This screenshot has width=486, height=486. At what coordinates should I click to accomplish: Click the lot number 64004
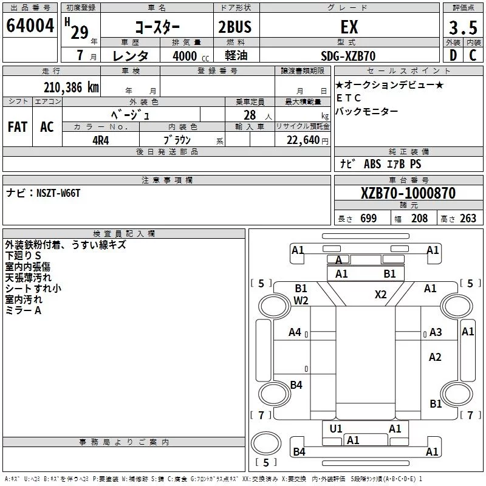click(x=30, y=26)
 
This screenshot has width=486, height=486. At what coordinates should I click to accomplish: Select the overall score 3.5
click(x=463, y=27)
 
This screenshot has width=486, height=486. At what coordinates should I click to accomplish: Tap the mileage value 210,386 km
click(x=71, y=87)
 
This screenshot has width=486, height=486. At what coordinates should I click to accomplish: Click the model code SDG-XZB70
click(x=348, y=56)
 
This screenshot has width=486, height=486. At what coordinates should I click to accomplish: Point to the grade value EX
click(x=349, y=27)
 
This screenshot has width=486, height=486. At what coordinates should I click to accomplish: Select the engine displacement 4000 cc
click(x=191, y=56)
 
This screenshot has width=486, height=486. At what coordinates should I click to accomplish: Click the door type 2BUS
click(x=235, y=27)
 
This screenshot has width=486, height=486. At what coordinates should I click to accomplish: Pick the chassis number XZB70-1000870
click(x=408, y=193)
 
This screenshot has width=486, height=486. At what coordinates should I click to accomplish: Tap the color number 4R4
click(x=101, y=140)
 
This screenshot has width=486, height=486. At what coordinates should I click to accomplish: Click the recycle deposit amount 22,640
click(x=303, y=140)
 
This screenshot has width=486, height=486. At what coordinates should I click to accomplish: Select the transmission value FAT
click(x=18, y=127)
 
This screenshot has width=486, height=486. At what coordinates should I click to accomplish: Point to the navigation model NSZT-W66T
click(x=58, y=193)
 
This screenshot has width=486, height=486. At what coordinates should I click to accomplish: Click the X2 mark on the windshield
click(x=381, y=294)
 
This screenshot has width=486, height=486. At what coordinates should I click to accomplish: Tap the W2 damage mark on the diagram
click(x=301, y=300)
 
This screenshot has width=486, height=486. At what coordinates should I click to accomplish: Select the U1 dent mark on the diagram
click(x=336, y=429)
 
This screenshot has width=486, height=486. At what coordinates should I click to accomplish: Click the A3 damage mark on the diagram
click(x=436, y=332)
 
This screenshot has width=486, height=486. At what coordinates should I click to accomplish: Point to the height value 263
click(x=468, y=219)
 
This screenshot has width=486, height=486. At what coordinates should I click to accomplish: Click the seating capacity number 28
click(x=250, y=115)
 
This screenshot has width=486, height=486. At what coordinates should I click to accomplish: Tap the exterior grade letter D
click(x=453, y=55)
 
